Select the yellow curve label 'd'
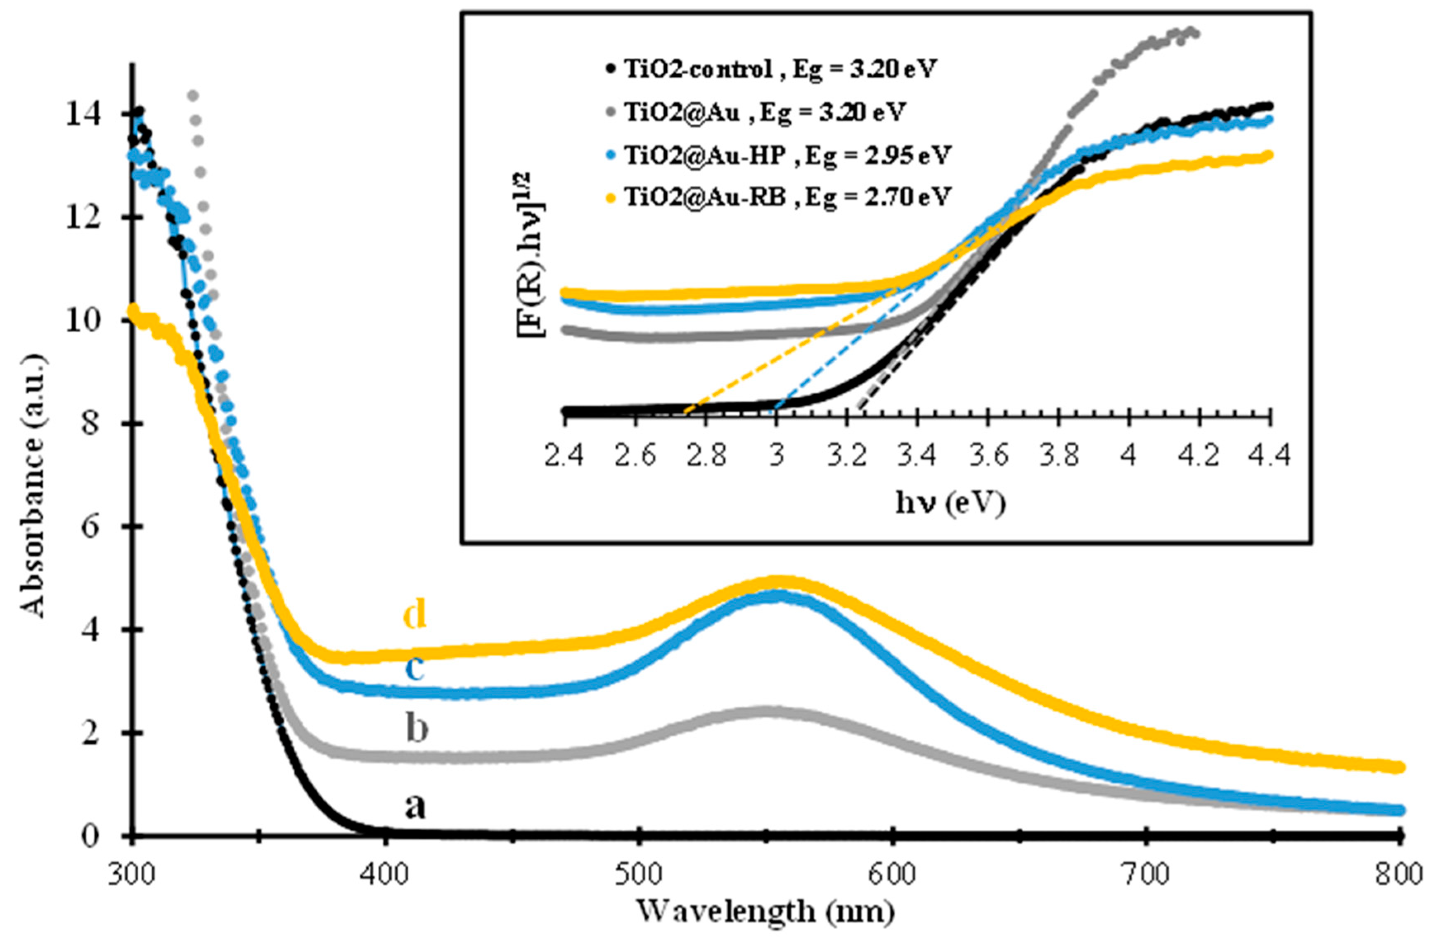415,614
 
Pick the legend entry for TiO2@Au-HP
779,155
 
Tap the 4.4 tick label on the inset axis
1270,457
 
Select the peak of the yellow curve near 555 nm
779,581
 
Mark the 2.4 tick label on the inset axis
566,457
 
